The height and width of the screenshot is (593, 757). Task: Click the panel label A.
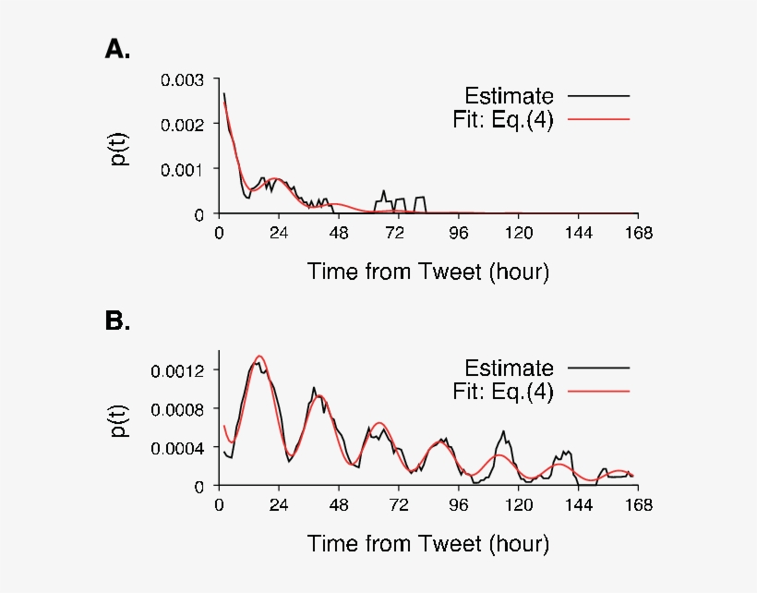tap(117, 50)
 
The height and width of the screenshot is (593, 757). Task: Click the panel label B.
tap(117, 321)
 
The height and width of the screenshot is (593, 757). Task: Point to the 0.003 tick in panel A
tap(183, 80)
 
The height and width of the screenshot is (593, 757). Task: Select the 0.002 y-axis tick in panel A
tap(183, 125)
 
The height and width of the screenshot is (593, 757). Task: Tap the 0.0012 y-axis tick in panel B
tap(180, 369)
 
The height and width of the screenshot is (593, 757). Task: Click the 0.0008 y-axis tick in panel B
tap(180, 408)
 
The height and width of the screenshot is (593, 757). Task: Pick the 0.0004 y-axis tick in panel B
tap(180, 447)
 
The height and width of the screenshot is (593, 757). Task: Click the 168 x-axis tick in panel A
tap(637, 234)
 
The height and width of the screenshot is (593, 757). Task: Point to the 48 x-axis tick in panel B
tap(339, 505)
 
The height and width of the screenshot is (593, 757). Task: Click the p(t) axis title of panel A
tap(120, 147)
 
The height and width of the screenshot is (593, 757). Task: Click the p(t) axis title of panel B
tap(120, 418)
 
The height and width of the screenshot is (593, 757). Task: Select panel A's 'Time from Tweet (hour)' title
tap(428, 272)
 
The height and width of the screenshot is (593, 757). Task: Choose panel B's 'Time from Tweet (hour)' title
tap(428, 543)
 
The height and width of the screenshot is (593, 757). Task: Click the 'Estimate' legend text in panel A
tap(509, 96)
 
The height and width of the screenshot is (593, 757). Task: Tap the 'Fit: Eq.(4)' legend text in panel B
tap(503, 392)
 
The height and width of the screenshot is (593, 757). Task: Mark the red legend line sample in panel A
tap(599, 120)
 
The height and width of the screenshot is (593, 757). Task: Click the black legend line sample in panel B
tap(599, 368)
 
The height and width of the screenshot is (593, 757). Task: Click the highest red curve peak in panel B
tap(260, 357)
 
